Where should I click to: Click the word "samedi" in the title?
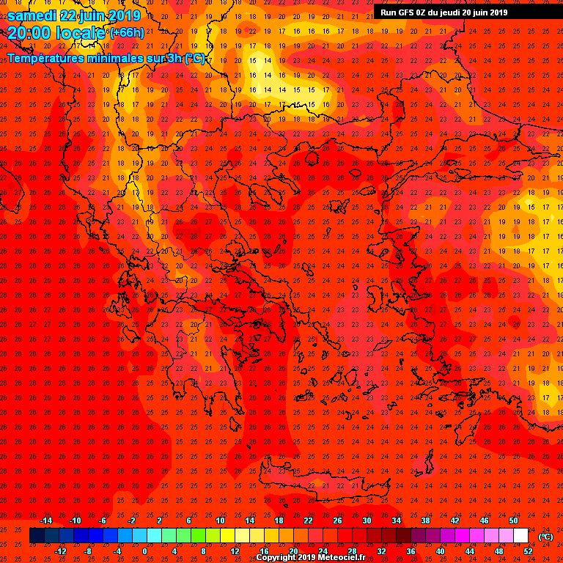[x=35, y=15]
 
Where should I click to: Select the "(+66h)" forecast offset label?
[x=128, y=33]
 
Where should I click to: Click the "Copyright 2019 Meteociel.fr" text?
[x=310, y=558]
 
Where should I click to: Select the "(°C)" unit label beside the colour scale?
[x=545, y=537]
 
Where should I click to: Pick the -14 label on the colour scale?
[x=45, y=520]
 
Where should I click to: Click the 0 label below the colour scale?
[x=144, y=551]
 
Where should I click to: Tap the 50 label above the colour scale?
[x=513, y=520]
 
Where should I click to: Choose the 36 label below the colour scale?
[x=411, y=551]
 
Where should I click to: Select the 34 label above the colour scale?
[x=396, y=520]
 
